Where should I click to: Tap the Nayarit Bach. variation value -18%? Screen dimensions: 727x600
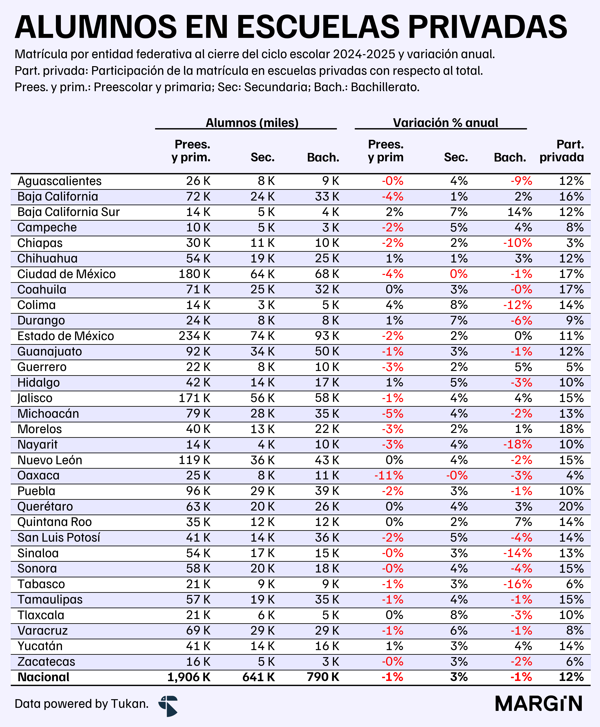517,444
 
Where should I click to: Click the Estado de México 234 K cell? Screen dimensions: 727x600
194,336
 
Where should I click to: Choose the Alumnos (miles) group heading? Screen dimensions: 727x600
252,123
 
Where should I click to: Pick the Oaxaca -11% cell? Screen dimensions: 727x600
389,475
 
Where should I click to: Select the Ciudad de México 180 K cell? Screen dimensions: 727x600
194,274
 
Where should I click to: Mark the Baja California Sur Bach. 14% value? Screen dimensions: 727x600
520,212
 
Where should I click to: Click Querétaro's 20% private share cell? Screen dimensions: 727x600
571,507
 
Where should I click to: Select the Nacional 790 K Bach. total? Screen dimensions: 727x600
323,677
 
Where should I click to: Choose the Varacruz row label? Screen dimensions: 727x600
43,631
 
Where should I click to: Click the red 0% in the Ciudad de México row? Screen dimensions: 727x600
459,274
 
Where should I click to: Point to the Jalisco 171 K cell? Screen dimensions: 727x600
194,398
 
